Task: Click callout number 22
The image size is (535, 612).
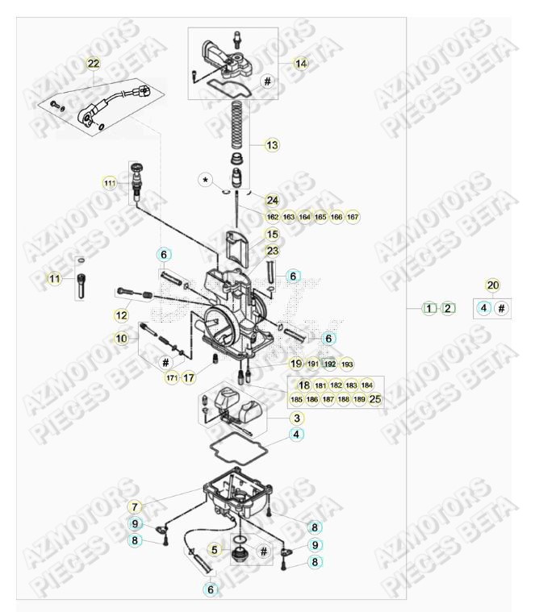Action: pyautogui.click(x=94, y=63)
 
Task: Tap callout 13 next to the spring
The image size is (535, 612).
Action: pyautogui.click(x=272, y=145)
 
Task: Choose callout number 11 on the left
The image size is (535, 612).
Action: pyautogui.click(x=54, y=279)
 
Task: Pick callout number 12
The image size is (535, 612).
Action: pyautogui.click(x=122, y=314)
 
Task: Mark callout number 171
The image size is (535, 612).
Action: pyautogui.click(x=171, y=377)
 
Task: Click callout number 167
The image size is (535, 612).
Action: pyautogui.click(x=352, y=217)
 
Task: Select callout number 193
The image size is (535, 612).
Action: pyautogui.click(x=346, y=364)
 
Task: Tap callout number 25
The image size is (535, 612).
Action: pyautogui.click(x=375, y=399)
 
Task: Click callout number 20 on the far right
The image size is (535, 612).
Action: pyautogui.click(x=492, y=285)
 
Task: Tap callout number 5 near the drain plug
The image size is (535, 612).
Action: pyautogui.click(x=215, y=550)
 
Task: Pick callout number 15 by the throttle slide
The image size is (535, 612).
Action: pyautogui.click(x=272, y=234)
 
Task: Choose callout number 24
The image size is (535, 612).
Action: pyautogui.click(x=272, y=200)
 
